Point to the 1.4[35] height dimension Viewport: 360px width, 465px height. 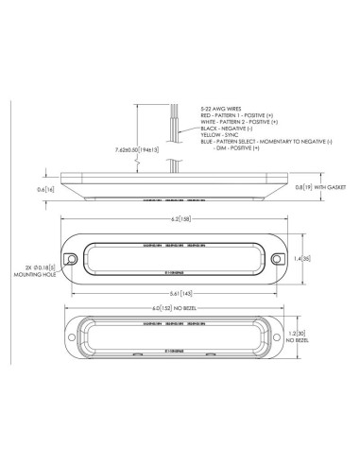click(x=303, y=257)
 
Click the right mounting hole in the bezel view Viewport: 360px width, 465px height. click(x=278, y=258)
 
